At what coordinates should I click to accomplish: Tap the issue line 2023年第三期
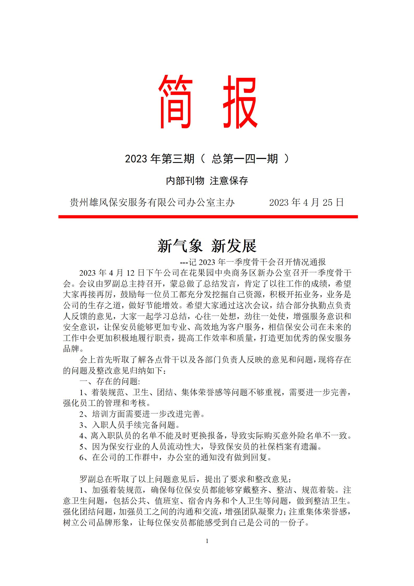[x=160, y=159]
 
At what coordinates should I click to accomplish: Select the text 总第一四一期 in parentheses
[x=245, y=159]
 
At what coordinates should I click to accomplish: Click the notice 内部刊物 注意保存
[x=207, y=181]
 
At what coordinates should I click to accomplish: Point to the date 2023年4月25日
[x=306, y=203]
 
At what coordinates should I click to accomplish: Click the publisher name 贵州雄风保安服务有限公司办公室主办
[x=152, y=203]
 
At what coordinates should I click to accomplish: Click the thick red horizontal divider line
[x=208, y=217]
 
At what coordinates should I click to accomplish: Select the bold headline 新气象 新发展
[x=207, y=246]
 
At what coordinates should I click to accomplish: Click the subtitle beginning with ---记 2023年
[x=253, y=262]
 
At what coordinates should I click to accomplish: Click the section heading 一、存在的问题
[x=110, y=382]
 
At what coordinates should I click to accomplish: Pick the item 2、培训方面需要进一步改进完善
[x=142, y=414]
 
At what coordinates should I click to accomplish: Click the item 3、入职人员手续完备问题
[x=130, y=425]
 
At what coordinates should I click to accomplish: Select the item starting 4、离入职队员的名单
[x=215, y=436]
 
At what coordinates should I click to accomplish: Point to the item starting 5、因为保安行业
[x=201, y=447]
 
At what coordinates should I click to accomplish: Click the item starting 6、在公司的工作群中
[x=176, y=457]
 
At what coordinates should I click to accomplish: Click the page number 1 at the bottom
[x=207, y=541]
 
